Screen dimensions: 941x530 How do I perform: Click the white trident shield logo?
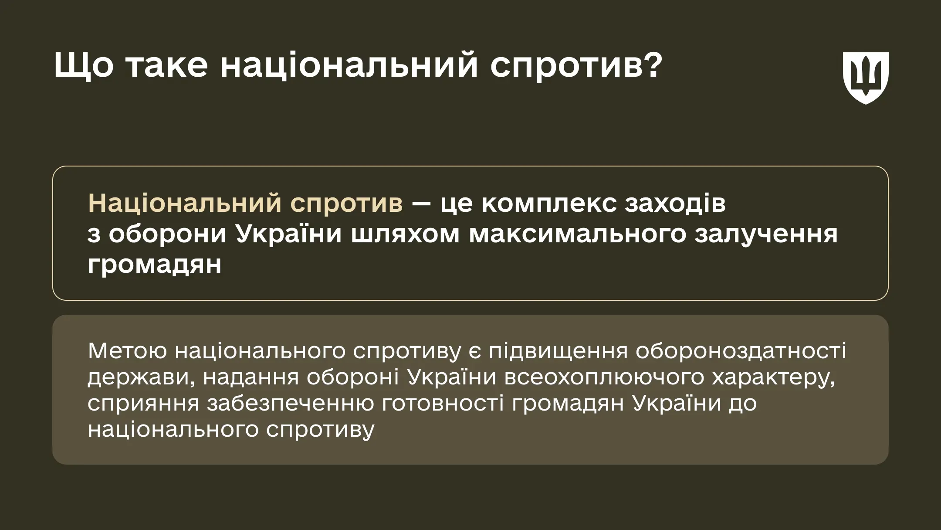click(866, 78)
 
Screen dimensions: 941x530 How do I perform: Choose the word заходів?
click(675, 204)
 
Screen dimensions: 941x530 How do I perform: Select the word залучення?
click(766, 234)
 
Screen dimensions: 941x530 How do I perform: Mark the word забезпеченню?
click(290, 403)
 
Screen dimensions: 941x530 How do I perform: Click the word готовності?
click(443, 403)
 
